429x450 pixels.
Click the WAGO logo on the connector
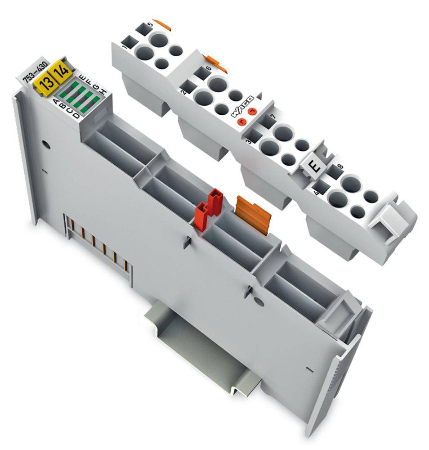243,106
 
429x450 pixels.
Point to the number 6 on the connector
208,69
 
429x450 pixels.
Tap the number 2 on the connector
183,92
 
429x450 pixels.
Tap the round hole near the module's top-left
45,145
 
